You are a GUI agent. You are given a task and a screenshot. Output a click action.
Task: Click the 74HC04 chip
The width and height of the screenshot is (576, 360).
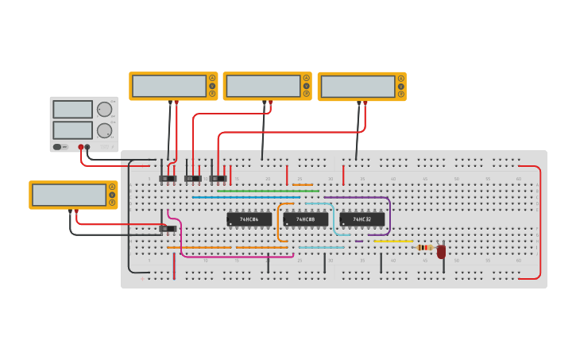click(249, 219)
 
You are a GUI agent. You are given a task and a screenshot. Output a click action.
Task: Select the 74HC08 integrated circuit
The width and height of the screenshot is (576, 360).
click(305, 219)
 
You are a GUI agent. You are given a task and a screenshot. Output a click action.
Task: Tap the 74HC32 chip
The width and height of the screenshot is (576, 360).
click(362, 219)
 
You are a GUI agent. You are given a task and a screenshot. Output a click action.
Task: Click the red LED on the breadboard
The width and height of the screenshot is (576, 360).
click(441, 251)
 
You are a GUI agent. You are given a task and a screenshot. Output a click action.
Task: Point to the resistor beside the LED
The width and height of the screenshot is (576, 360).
click(424, 247)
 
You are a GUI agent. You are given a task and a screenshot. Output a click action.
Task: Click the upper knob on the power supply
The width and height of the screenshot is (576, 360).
click(104, 110)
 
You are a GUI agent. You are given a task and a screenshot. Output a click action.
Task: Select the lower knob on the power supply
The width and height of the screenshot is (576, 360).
click(104, 130)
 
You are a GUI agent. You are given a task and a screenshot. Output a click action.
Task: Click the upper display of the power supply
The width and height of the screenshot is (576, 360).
click(72, 110)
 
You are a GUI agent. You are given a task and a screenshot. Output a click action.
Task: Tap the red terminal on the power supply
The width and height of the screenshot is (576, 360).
click(81, 147)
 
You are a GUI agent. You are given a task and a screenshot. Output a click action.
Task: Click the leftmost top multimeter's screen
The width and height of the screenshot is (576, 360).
click(169, 86)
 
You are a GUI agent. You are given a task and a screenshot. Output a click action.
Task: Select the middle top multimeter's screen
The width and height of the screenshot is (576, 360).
click(263, 86)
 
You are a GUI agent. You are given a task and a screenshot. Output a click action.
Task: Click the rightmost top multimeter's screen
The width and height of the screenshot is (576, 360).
click(358, 86)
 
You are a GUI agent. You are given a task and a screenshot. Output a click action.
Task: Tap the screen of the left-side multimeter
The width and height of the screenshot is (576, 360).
click(69, 195)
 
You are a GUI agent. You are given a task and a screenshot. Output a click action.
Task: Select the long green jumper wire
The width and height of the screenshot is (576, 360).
click(268, 191)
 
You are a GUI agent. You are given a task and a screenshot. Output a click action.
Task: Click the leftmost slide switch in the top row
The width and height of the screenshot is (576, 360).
click(168, 179)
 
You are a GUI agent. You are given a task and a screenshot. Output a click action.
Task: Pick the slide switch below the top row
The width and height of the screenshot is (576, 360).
click(168, 229)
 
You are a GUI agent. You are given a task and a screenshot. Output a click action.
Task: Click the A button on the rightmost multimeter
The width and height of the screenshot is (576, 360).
click(401, 79)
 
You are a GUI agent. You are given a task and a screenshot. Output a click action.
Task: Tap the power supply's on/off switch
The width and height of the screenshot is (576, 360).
click(57, 147)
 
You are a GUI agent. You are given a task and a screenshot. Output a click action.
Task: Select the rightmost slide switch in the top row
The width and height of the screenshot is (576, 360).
click(217, 179)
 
